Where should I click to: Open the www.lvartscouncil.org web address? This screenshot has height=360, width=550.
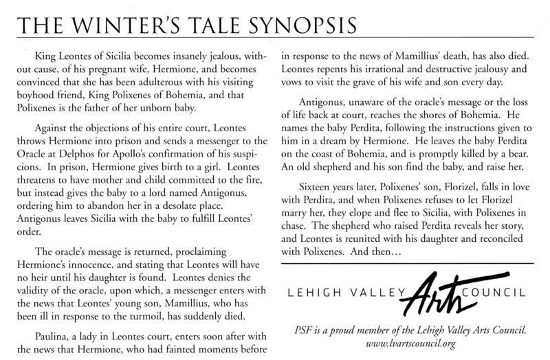(x=412, y=341)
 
